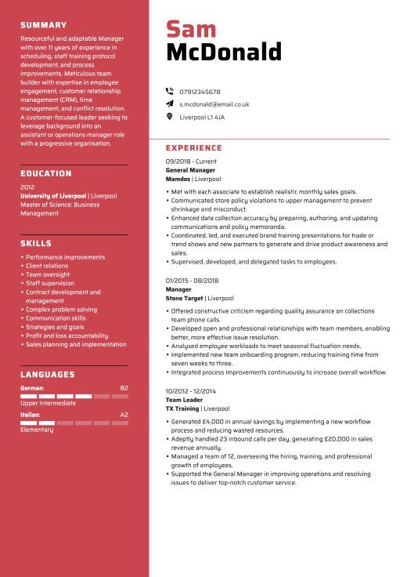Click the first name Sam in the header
pos(191,29)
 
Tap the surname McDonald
pos(223,53)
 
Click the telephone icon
pos(169,92)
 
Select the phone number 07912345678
pos(200,92)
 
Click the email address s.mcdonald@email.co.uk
pos(214,104)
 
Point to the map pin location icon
pos(169,117)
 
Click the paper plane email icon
pos(169,103)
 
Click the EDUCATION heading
pos(45,173)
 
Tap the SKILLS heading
pos(35,244)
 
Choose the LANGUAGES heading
pos(47,375)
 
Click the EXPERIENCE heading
pos(193,148)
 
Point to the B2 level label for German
pos(124,388)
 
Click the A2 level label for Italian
pos(124,415)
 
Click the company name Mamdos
pos(178,179)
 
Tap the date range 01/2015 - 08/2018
pos(192,281)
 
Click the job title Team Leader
pos(185,400)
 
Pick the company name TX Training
pos(182,408)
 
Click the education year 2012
pos(27,187)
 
